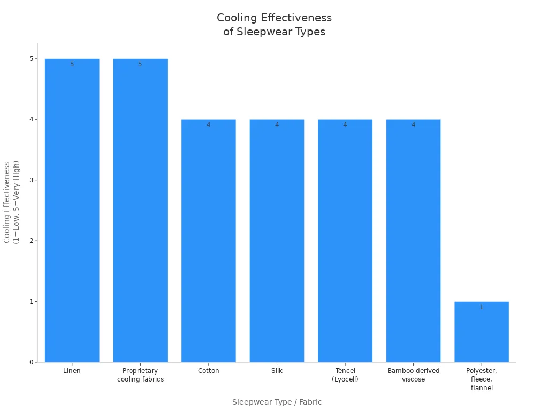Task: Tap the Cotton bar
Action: [208, 241]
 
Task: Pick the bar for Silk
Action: [277, 241]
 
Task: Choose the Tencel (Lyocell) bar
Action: [345, 241]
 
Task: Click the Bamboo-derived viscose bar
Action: [413, 241]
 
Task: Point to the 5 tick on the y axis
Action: [32, 59]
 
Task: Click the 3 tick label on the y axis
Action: [32, 180]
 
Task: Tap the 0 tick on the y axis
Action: [32, 362]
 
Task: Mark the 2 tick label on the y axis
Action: [32, 241]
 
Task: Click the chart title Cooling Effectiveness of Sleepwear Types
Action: [274, 25]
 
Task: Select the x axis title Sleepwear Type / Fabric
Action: [277, 402]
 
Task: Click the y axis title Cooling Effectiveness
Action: [11, 202]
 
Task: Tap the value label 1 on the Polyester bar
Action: [481, 307]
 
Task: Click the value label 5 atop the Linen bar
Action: [72, 64]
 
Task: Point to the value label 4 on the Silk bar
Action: [277, 125]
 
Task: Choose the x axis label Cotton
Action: [208, 371]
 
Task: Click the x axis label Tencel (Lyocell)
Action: [345, 375]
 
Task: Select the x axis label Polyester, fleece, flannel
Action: [481, 379]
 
